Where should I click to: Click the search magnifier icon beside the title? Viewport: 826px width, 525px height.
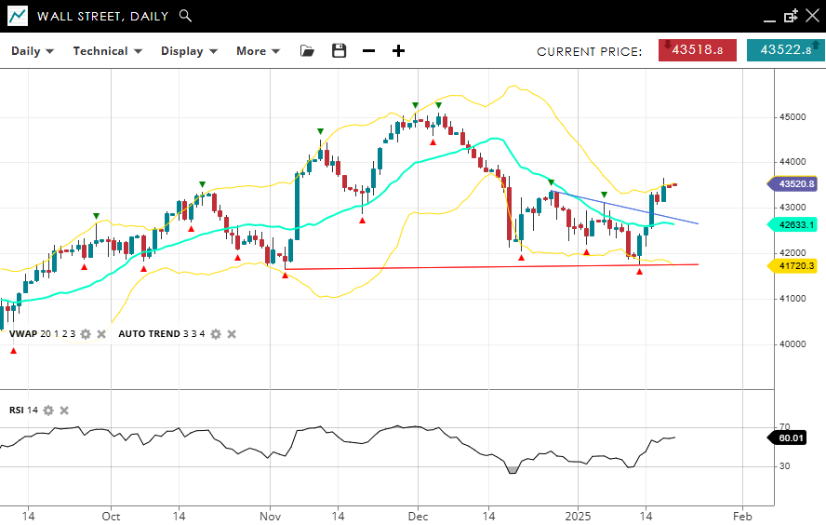pyautogui.click(x=185, y=16)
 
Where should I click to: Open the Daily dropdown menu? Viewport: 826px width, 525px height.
pyautogui.click(x=32, y=51)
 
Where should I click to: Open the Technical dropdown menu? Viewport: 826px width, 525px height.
pyautogui.click(x=107, y=51)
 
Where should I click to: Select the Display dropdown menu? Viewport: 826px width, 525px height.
pyautogui.click(x=189, y=51)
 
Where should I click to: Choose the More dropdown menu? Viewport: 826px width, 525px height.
pyautogui.click(x=258, y=51)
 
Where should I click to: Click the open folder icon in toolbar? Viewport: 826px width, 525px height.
pyautogui.click(x=308, y=51)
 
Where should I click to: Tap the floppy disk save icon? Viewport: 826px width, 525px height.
pyautogui.click(x=339, y=51)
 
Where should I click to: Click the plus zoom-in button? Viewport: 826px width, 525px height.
pyautogui.click(x=398, y=51)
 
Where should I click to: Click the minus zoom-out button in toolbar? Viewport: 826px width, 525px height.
pyautogui.click(x=368, y=51)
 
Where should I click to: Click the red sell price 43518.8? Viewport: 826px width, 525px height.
pyautogui.click(x=698, y=50)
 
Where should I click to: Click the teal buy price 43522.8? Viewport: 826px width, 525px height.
pyautogui.click(x=785, y=50)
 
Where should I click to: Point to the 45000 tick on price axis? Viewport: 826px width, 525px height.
pyautogui.click(x=793, y=117)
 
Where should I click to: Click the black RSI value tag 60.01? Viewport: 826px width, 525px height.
pyautogui.click(x=792, y=437)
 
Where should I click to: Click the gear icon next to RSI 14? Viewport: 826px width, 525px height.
pyautogui.click(x=48, y=411)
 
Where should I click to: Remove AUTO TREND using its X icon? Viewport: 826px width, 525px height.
pyautogui.click(x=232, y=334)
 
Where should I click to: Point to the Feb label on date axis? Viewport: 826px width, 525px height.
pyautogui.click(x=741, y=515)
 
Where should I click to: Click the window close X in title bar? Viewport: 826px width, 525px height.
pyautogui.click(x=811, y=16)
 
